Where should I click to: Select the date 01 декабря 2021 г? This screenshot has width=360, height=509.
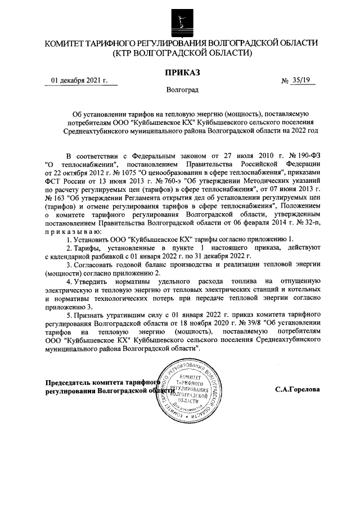pyautogui.click(x=79, y=80)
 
